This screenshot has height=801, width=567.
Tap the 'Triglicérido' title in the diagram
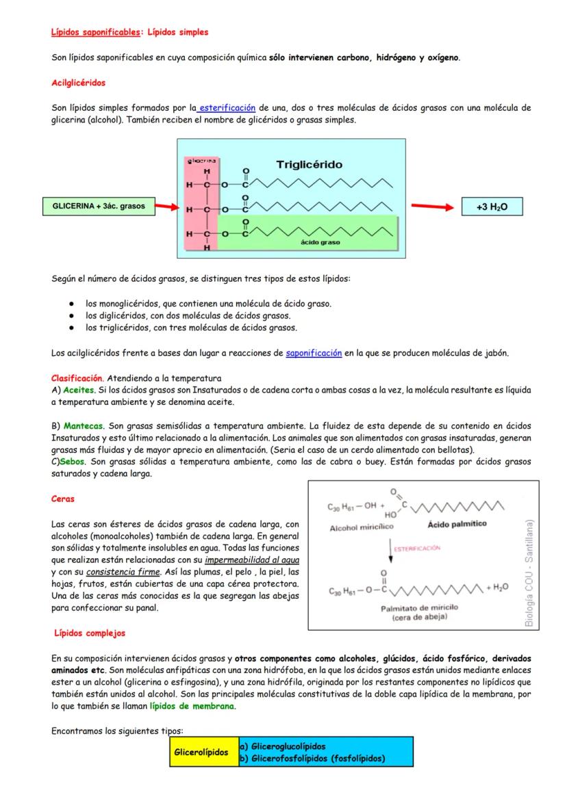coord(309,165)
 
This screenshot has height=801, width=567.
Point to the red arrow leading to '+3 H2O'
coord(428,206)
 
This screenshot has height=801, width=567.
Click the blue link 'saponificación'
coord(314,353)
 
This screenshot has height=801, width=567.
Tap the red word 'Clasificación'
coord(77,378)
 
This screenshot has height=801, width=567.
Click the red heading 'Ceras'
coord(63,499)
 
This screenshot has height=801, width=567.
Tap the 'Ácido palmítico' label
coord(457,525)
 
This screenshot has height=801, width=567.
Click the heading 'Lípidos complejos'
coord(90,633)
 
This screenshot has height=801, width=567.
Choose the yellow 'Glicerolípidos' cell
coord(203,752)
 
